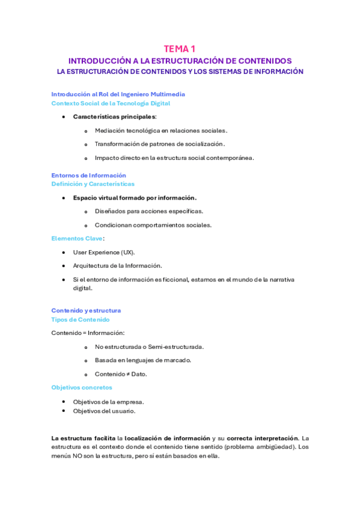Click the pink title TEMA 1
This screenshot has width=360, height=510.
click(180, 49)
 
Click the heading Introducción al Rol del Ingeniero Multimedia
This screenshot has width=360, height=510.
click(118, 94)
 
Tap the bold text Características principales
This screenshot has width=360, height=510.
click(114, 116)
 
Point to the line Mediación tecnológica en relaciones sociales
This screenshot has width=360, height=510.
click(160, 130)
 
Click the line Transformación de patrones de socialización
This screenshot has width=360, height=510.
click(159, 144)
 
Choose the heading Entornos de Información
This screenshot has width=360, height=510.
click(88, 175)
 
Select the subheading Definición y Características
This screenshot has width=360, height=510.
click(93, 183)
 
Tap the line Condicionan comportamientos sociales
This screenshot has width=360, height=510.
click(153, 225)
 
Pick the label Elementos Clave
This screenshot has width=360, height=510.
click(77, 238)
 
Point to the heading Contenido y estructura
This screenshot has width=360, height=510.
click(86, 310)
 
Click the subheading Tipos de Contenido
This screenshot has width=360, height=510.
click(80, 319)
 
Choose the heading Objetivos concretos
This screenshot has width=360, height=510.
click(82, 387)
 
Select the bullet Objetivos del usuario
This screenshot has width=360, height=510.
click(104, 411)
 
